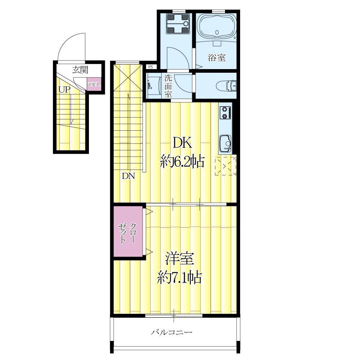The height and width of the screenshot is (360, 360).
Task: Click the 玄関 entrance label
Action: (x=80, y=70)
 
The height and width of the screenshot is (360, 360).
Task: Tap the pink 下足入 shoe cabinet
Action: (x=94, y=84)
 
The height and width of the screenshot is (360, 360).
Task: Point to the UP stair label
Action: (x=64, y=90)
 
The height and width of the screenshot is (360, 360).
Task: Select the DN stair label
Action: (x=129, y=176)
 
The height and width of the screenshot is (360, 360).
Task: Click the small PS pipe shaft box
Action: (x=151, y=67)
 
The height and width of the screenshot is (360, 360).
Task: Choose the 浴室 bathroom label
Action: (x=216, y=57)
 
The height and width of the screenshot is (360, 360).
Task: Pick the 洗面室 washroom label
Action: (x=168, y=86)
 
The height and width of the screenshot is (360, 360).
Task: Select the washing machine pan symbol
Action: (x=178, y=24)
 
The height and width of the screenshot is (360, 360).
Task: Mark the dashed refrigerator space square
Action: (x=225, y=165)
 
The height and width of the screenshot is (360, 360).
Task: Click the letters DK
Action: (x=182, y=143)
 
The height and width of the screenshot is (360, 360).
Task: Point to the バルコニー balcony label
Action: (x=172, y=332)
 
